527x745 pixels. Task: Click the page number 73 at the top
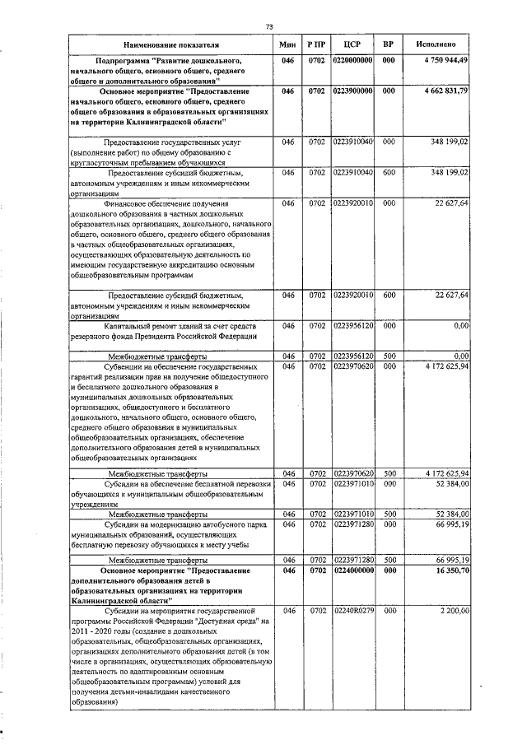pos(269,27)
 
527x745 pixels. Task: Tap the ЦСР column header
pos(352,43)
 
